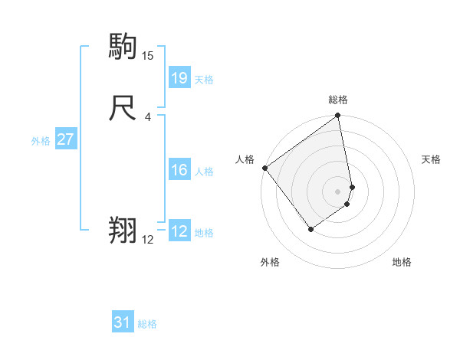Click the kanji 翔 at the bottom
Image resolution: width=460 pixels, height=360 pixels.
[x=123, y=230]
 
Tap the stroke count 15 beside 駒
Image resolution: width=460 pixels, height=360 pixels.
[x=148, y=56]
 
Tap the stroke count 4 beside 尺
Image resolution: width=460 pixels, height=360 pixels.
[x=147, y=117]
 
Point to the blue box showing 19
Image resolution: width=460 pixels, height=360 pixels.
[x=179, y=77]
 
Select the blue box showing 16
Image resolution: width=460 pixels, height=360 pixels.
[x=179, y=170]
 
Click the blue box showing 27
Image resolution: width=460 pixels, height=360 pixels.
[x=65, y=139]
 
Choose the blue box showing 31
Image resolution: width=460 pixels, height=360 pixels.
[x=123, y=322]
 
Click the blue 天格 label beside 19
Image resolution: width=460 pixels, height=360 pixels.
[x=204, y=80]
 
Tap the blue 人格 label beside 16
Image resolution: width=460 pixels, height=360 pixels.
[x=204, y=172]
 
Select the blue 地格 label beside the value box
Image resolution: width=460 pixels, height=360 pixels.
[x=204, y=233]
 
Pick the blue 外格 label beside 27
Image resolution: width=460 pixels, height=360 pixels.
[x=41, y=141]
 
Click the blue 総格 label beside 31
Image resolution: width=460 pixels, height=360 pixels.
[x=147, y=324]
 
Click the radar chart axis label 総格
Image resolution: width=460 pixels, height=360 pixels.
[x=338, y=100]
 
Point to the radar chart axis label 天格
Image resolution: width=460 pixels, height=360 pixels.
[x=432, y=159]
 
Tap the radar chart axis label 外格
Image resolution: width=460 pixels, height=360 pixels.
[x=270, y=262]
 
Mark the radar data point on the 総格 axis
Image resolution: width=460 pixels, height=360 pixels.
[x=338, y=116]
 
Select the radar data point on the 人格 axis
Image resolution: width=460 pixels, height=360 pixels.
[x=264, y=168]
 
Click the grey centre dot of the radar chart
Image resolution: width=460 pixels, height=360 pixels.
[x=338, y=191]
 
